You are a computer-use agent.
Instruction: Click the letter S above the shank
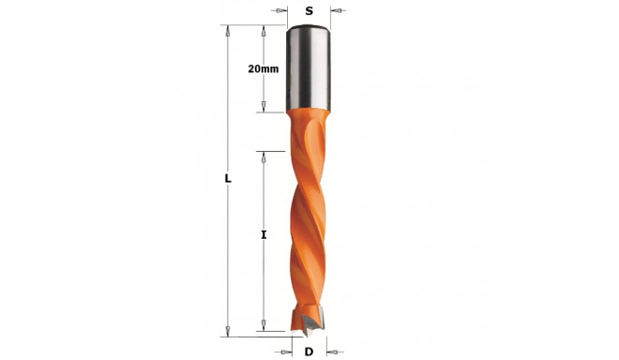tap(309, 11)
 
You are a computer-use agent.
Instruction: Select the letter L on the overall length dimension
tap(228, 178)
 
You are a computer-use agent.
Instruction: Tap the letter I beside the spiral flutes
tap(264, 235)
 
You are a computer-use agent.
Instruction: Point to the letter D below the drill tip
tap(309, 352)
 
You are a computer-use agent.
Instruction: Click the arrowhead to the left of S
tap(282, 11)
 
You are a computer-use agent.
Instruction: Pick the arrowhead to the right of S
tap(336, 11)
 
